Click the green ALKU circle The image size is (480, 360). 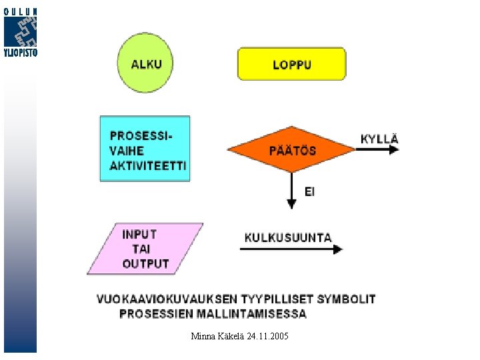pyautogui.click(x=145, y=64)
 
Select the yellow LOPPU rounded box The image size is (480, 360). pyautogui.click(x=291, y=64)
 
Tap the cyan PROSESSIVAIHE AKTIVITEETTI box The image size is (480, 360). pyautogui.click(x=145, y=149)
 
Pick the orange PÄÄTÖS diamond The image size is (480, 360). pyautogui.click(x=291, y=149)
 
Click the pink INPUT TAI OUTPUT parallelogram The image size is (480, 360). pyautogui.click(x=145, y=249)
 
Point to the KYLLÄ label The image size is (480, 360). pyautogui.click(x=379, y=139)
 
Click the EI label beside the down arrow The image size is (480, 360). pyautogui.click(x=309, y=192)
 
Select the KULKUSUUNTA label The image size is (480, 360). pyautogui.click(x=288, y=237)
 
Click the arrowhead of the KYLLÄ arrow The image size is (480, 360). pyautogui.click(x=394, y=149)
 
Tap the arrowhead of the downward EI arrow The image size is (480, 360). pyautogui.click(x=291, y=203)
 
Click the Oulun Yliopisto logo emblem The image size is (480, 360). pyautogui.click(x=20, y=31)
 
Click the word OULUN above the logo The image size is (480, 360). pyautogui.click(x=20, y=11)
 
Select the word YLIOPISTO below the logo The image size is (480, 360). pyautogui.click(x=20, y=53)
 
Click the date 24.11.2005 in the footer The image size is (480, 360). pyautogui.click(x=267, y=336)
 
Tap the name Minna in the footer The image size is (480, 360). pyautogui.click(x=203, y=336)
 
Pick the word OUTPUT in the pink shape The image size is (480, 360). pyautogui.click(x=145, y=264)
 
